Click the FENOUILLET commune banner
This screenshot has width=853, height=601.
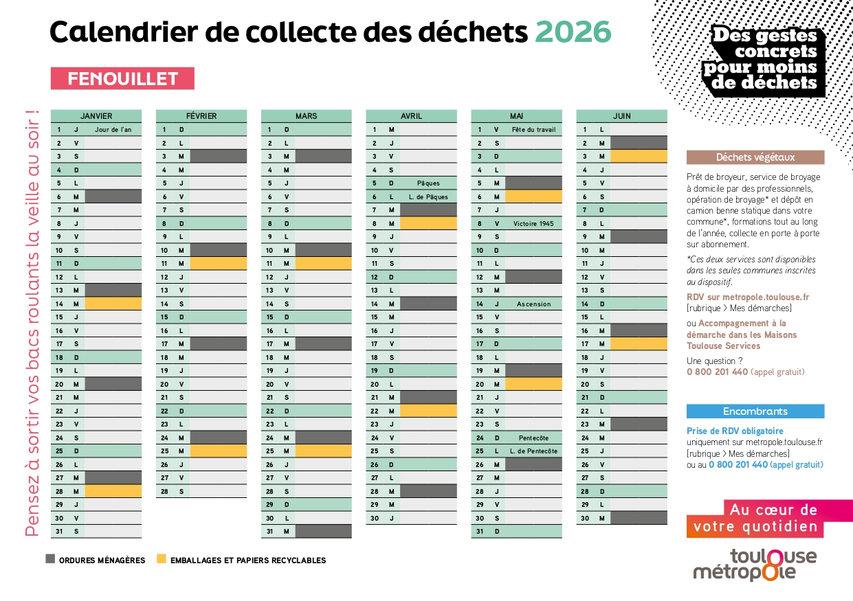122,79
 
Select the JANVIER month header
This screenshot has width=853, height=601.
96,116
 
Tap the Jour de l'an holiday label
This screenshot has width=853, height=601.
113,130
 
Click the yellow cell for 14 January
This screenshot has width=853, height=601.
113,304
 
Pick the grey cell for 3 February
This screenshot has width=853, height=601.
218,157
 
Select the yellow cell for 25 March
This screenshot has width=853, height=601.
323,451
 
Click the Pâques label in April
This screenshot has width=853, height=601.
428,183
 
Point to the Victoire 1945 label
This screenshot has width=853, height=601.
533,223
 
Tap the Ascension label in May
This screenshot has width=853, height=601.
533,304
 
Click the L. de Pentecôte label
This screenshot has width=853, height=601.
533,451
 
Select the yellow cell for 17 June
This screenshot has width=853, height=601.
639,344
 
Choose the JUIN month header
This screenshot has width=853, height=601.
621,116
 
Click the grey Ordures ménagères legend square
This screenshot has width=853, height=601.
50,559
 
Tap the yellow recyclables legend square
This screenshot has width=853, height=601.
162,559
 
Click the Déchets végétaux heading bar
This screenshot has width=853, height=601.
755,157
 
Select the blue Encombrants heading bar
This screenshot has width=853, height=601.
755,411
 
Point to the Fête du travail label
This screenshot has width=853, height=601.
533,130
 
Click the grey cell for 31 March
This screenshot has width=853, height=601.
323,532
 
